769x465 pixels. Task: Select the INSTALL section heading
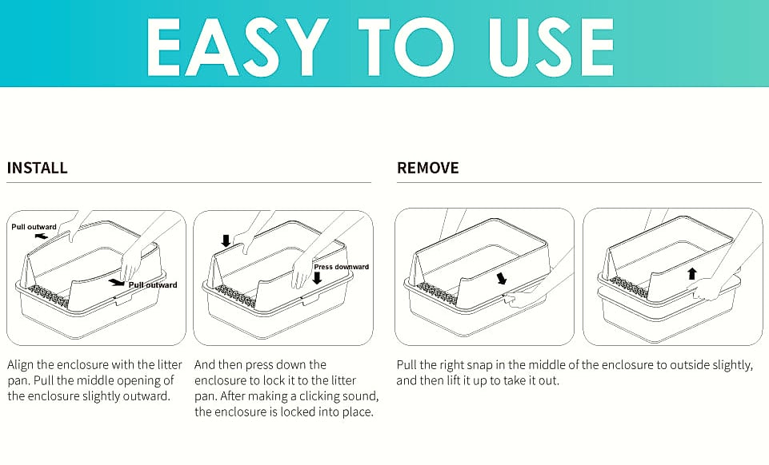tap(38, 168)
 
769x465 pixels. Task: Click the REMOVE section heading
tap(427, 168)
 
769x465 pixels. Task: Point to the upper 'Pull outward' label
tap(34, 227)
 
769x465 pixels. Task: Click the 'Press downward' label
tap(342, 267)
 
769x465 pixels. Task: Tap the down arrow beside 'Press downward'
tap(318, 278)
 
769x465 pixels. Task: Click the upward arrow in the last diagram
tap(692, 273)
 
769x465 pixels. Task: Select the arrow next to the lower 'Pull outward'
tap(117, 282)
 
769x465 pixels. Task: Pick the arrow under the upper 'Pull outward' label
tap(41, 236)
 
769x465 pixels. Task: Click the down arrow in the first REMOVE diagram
tap(501, 279)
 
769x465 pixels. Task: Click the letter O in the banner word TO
tap(425, 48)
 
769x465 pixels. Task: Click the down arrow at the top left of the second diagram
tap(226, 240)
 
